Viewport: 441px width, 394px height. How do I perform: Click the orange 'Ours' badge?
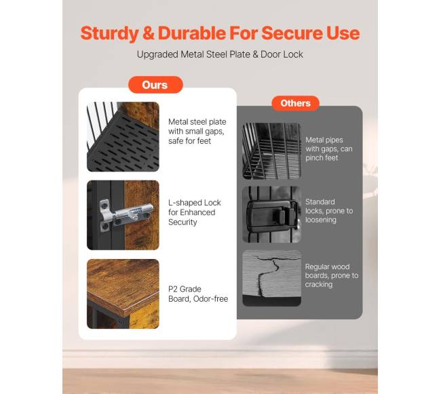[x=155, y=85]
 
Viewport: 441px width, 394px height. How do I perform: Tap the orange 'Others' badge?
[x=295, y=103]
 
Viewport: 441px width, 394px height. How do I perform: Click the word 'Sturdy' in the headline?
[x=109, y=33]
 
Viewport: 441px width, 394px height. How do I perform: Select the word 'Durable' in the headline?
[x=192, y=33]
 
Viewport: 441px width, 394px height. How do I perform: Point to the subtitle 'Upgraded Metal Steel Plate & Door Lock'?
[x=220, y=54]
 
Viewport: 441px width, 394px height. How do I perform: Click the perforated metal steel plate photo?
[x=123, y=136]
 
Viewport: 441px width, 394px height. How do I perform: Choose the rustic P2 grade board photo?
[x=123, y=294]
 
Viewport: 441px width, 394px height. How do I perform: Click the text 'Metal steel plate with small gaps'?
[x=197, y=126]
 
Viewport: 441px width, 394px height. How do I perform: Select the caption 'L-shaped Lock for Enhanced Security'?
[x=195, y=212]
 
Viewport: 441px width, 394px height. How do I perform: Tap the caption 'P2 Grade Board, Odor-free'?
[x=198, y=294]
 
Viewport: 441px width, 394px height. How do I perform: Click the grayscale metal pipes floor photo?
[x=271, y=151]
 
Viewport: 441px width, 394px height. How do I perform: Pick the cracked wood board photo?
[x=271, y=278]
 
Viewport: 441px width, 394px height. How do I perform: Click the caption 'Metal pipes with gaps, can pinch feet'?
[x=329, y=149]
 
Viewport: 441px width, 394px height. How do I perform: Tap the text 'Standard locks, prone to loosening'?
[x=329, y=211]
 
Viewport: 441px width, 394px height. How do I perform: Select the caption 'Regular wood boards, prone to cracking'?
[x=332, y=275]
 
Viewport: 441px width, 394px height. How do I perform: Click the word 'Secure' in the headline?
[x=292, y=33]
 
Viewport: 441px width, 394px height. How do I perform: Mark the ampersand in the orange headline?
[x=148, y=33]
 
